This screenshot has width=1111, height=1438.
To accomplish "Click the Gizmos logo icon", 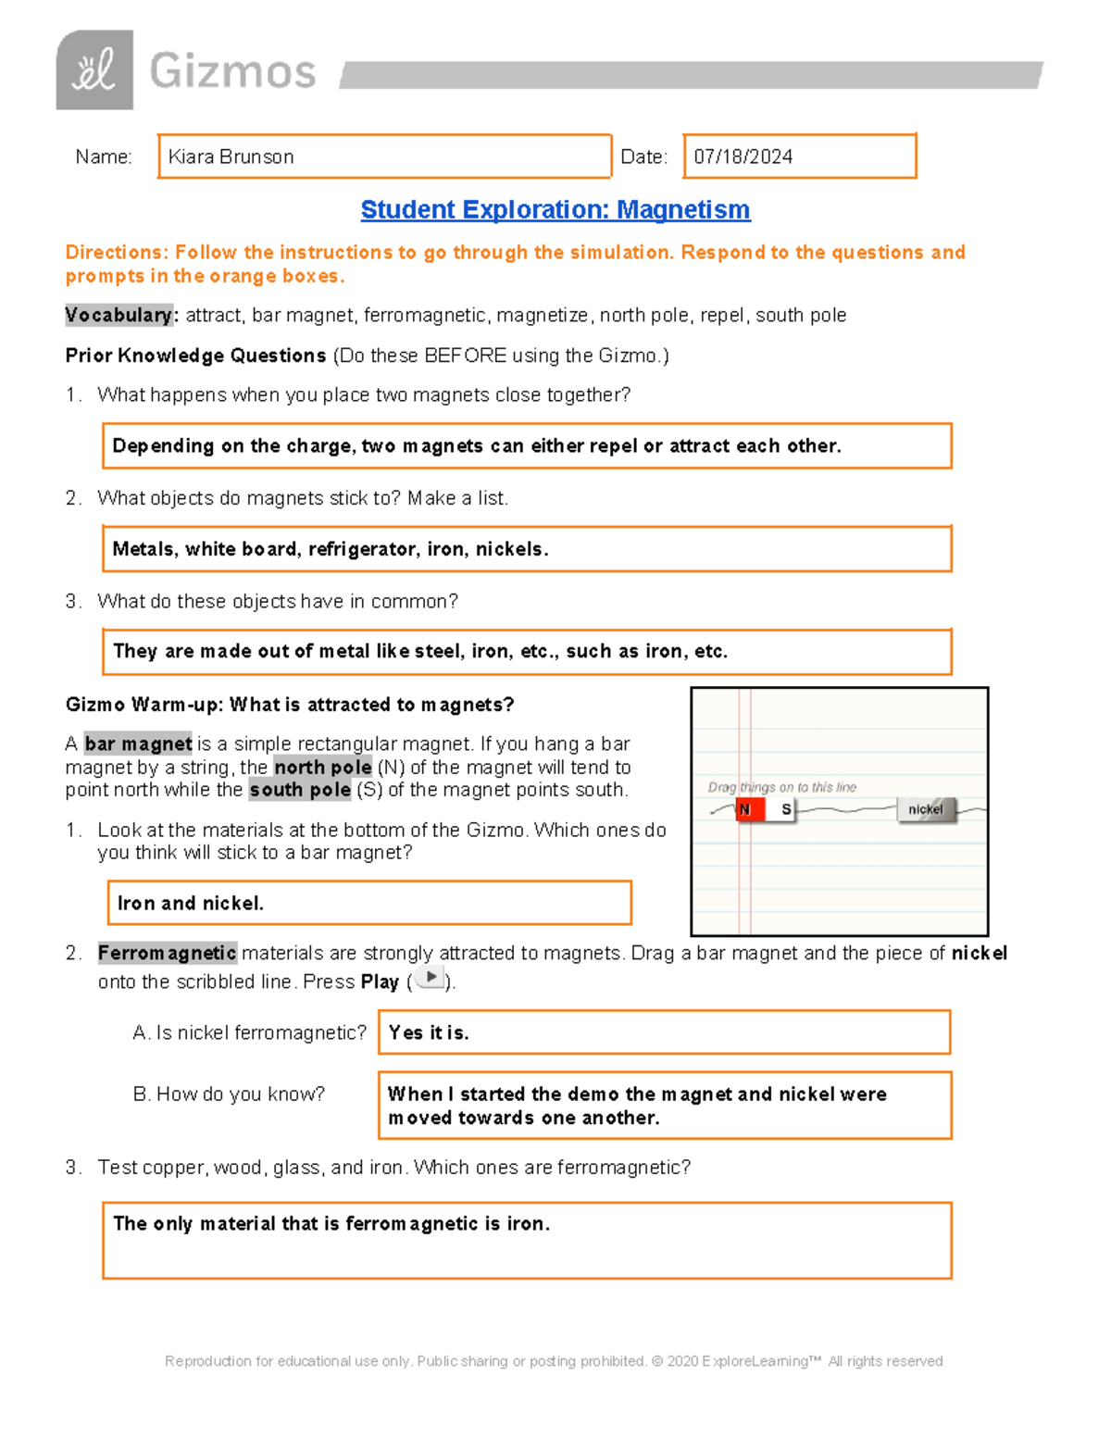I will (x=94, y=70).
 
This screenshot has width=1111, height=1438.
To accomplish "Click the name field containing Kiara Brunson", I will (x=384, y=156).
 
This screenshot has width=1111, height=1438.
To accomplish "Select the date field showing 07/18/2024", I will (x=799, y=156).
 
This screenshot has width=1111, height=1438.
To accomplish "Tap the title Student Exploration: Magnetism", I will (x=555, y=210).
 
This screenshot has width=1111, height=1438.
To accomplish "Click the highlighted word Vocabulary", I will (x=119, y=316).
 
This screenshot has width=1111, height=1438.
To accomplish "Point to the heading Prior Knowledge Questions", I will (x=195, y=356).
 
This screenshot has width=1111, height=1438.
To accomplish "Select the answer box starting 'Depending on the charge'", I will (x=526, y=446).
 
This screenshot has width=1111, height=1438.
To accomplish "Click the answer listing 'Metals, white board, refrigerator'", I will (x=526, y=549).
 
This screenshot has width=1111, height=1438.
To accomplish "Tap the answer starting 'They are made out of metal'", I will (x=526, y=652).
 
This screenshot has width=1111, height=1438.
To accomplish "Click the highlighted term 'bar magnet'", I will (x=138, y=744).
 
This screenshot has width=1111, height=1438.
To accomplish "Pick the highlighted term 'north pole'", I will (x=323, y=768).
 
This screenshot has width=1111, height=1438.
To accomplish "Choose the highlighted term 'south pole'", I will (x=300, y=790).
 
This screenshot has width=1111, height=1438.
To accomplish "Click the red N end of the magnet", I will (x=748, y=810).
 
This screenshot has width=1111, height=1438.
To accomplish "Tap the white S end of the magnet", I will (x=783, y=810).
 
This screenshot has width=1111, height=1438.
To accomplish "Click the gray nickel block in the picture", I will (x=925, y=810).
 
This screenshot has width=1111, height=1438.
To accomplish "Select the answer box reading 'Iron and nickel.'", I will (x=369, y=903).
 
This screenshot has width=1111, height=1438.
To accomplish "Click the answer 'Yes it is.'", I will (x=664, y=1032).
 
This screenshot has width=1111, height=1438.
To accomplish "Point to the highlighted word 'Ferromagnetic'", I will (x=168, y=953).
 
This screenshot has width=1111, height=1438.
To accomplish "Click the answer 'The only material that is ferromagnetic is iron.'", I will (x=526, y=1241).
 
